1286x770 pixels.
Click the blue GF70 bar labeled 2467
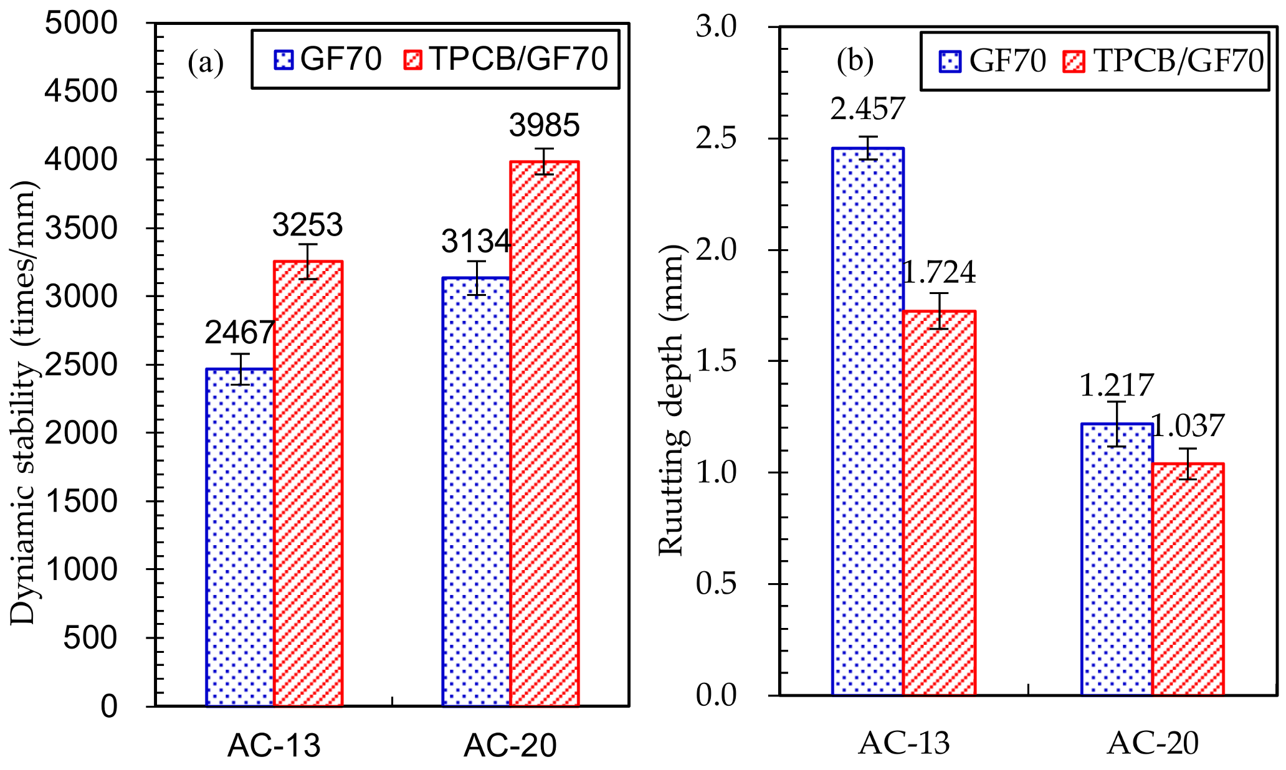coord(240,536)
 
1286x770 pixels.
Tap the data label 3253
coord(307,225)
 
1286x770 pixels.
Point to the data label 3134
coord(475,242)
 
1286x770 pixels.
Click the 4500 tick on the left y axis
coord(81,92)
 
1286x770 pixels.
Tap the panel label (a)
coord(205,63)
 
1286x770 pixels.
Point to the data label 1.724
coord(939,272)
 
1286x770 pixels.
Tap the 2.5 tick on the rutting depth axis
coord(716,138)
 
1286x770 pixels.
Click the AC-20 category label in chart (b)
coord(1152,743)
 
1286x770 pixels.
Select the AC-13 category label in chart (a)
coord(274,745)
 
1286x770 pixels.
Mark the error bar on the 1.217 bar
coord(1116,424)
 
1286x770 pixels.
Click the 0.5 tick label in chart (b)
coord(716,584)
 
